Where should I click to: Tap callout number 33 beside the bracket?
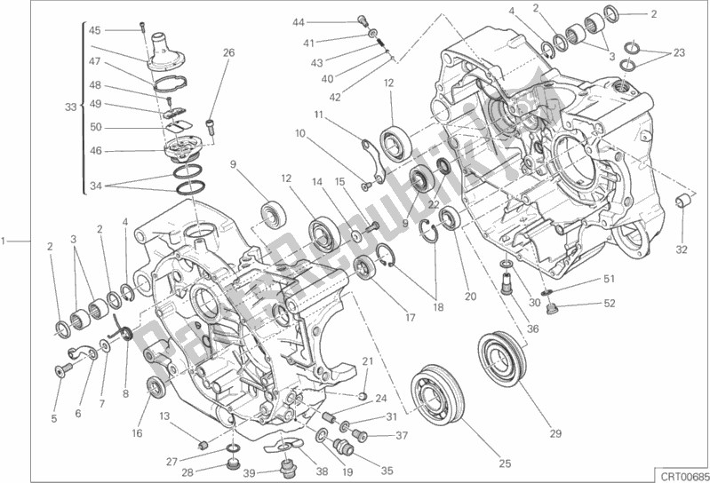[70, 107]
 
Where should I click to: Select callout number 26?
[228, 52]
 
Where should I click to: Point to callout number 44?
[299, 22]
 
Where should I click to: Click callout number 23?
[679, 53]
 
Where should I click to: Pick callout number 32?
[681, 249]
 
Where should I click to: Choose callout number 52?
[610, 303]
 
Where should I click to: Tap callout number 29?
[555, 433]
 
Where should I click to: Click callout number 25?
[505, 463]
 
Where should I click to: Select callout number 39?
[250, 473]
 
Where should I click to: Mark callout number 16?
[137, 432]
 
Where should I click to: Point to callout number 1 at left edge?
[4, 241]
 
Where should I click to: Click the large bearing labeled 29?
[502, 357]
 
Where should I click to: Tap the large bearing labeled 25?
[438, 390]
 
